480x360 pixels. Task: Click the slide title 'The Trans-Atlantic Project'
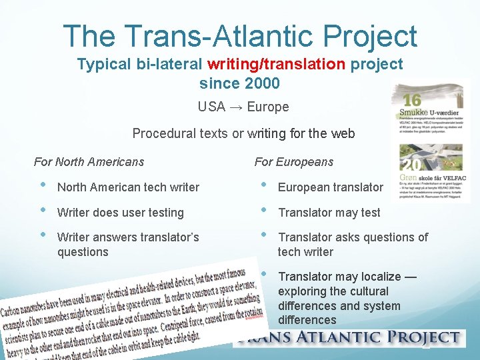240,36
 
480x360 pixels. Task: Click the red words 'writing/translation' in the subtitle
276,65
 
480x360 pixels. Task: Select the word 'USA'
211,107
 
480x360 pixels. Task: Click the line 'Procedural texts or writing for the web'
243,133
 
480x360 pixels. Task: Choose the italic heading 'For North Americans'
89,162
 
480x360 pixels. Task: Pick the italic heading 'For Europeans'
294,162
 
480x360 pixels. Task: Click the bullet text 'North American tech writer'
128,187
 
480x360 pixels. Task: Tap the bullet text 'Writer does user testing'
120,213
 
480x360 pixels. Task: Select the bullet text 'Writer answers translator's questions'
128,245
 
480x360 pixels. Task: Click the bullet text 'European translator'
330,187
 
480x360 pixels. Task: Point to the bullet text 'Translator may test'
329,213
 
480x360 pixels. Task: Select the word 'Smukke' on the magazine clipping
411,113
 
